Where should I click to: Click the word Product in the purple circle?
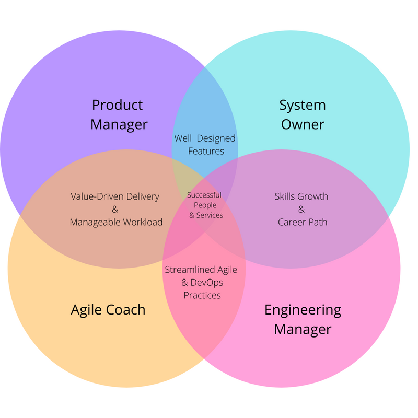(117, 105)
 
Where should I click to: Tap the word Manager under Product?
(119, 125)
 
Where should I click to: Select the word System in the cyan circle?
(303, 105)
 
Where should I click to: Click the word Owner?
(303, 125)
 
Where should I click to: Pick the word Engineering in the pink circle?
(303, 310)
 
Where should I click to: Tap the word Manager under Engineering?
(303, 330)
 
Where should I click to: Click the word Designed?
(216, 138)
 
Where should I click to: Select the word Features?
(206, 151)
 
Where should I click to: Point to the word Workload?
(143, 222)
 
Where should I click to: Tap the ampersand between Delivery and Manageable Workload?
(115, 210)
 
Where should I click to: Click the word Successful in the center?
(204, 195)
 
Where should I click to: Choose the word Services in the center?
(210, 215)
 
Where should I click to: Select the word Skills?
(286, 196)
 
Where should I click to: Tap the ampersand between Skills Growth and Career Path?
(301, 210)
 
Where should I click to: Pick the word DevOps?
(209, 283)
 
